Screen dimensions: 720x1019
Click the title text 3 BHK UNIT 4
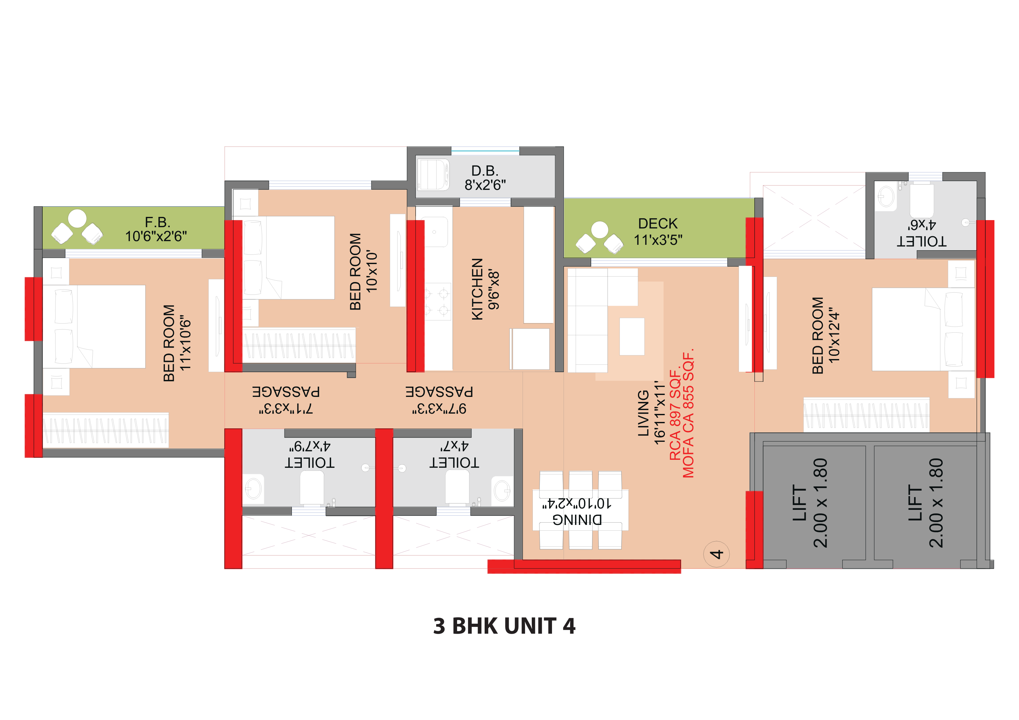pos(504,626)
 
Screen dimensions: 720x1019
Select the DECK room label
pos(658,223)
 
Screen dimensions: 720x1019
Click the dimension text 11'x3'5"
pos(658,240)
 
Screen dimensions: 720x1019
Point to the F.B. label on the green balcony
pos(157,222)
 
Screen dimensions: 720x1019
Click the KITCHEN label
pos(477,289)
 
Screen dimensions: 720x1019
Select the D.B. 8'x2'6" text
pos(485,177)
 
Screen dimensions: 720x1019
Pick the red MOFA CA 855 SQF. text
pos(688,413)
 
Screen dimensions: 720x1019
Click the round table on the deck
pos(599,229)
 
